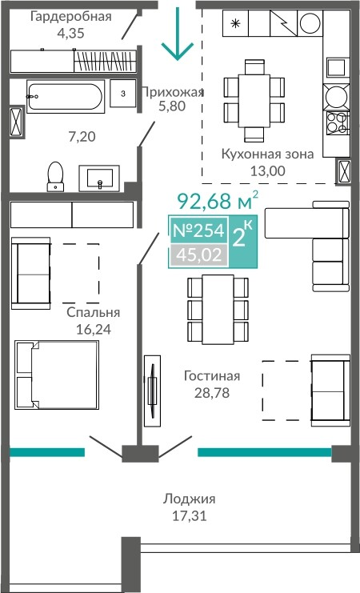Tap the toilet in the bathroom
55,176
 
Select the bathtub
66,97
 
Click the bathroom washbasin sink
99,178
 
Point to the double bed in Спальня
57,375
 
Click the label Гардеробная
71,17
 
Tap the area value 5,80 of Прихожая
172,106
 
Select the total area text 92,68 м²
218,201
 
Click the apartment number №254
198,230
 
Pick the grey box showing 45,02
199,255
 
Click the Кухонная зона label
267,154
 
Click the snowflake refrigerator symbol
235,23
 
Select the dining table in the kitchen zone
254,100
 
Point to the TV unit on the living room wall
152,391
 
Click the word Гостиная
212,376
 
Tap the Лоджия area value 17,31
190,516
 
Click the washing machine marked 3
123,94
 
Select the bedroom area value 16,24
94,329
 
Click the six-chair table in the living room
218,310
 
